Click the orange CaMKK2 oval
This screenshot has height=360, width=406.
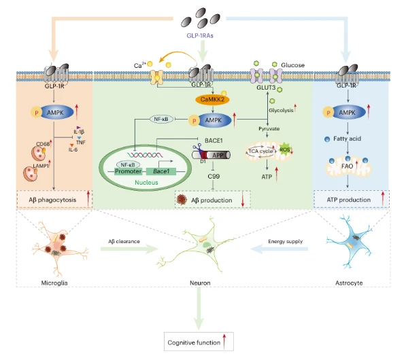tap(212, 100)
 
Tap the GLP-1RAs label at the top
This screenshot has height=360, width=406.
tap(200, 36)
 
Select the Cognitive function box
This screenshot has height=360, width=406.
tap(199, 342)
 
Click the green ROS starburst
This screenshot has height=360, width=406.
tap(285, 149)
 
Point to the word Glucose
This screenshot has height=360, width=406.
tap(293, 65)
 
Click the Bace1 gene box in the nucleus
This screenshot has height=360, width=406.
tap(161, 171)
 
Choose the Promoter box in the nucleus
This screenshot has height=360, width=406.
tap(128, 171)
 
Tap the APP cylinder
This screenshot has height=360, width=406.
tap(212, 155)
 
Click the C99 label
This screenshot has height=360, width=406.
tap(214, 177)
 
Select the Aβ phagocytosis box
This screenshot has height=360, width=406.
tap(54, 199)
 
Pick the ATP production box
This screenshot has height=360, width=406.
tap(352, 199)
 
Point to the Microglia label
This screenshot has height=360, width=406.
tap(54, 283)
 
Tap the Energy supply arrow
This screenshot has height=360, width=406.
tap(280, 249)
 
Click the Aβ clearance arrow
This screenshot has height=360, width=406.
tap(129, 249)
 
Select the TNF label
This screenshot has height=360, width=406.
tap(81, 142)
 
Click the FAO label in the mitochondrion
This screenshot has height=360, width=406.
tap(347, 166)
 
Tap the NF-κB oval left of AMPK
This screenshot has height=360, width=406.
tap(161, 120)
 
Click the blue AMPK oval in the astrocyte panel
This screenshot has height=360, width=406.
tap(348, 113)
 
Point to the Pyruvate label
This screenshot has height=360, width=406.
tap(269, 128)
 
